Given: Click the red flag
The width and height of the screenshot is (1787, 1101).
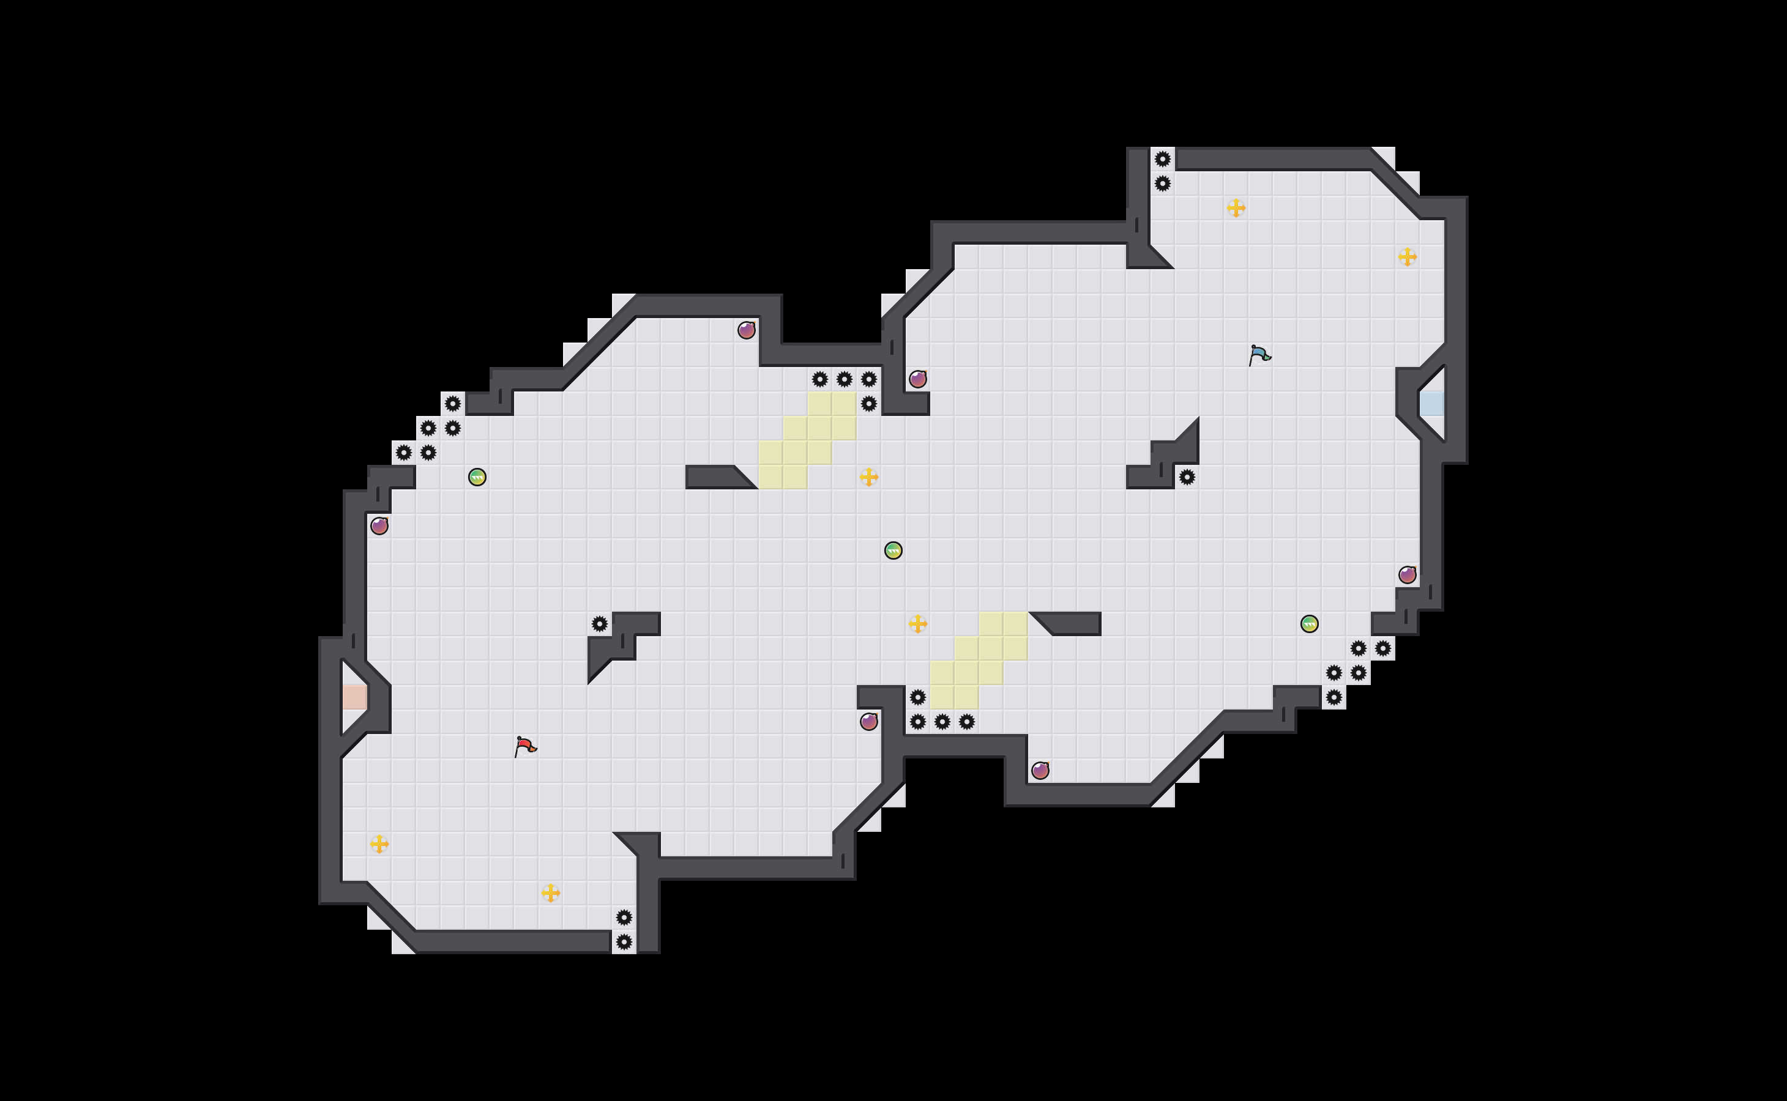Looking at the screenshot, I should pyautogui.click(x=524, y=746).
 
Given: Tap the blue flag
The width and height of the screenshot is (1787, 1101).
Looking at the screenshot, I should pyautogui.click(x=1259, y=355).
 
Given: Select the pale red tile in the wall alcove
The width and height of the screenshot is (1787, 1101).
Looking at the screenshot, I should pyautogui.click(x=355, y=697).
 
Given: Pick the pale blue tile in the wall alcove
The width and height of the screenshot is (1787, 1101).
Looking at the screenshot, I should pyautogui.click(x=1431, y=404).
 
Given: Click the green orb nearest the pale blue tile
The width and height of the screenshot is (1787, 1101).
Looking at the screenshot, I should pyautogui.click(x=1309, y=624).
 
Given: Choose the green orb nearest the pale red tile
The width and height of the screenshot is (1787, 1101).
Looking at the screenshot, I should pyautogui.click(x=477, y=477).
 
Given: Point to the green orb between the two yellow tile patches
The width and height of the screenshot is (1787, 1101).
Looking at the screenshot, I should pyautogui.click(x=893, y=550).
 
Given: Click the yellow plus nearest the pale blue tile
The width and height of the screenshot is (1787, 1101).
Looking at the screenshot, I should pyautogui.click(x=1407, y=256).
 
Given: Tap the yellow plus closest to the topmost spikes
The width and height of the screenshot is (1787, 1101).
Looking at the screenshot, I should pyautogui.click(x=1236, y=208).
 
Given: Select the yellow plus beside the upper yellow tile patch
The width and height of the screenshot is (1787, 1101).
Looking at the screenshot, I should pyautogui.click(x=868, y=477).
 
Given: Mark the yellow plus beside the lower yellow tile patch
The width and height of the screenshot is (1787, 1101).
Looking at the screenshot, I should pyautogui.click(x=918, y=624).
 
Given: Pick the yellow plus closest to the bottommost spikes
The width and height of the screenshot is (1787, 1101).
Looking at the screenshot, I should pyautogui.click(x=551, y=893).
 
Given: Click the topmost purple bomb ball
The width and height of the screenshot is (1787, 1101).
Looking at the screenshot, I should pyautogui.click(x=746, y=330).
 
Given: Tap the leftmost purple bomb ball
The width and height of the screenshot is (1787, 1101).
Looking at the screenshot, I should pyautogui.click(x=379, y=526).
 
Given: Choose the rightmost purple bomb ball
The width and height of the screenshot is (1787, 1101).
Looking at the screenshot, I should pyautogui.click(x=1407, y=575).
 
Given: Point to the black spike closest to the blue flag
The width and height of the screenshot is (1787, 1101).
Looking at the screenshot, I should pyautogui.click(x=1187, y=477).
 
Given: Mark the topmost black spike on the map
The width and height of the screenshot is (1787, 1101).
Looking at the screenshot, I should pyautogui.click(x=1162, y=159).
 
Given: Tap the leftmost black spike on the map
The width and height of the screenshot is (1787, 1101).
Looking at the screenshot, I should pyautogui.click(x=403, y=453).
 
